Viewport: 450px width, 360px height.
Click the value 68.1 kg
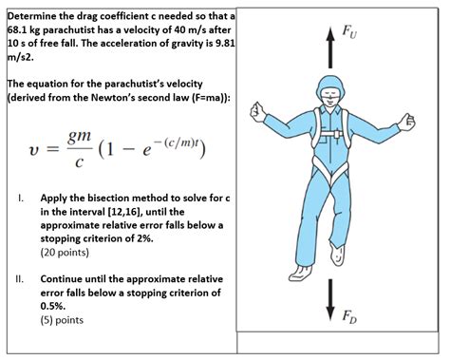click(29, 31)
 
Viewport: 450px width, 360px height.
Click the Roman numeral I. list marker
click(19, 199)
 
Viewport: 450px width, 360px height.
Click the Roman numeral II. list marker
click(19, 280)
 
